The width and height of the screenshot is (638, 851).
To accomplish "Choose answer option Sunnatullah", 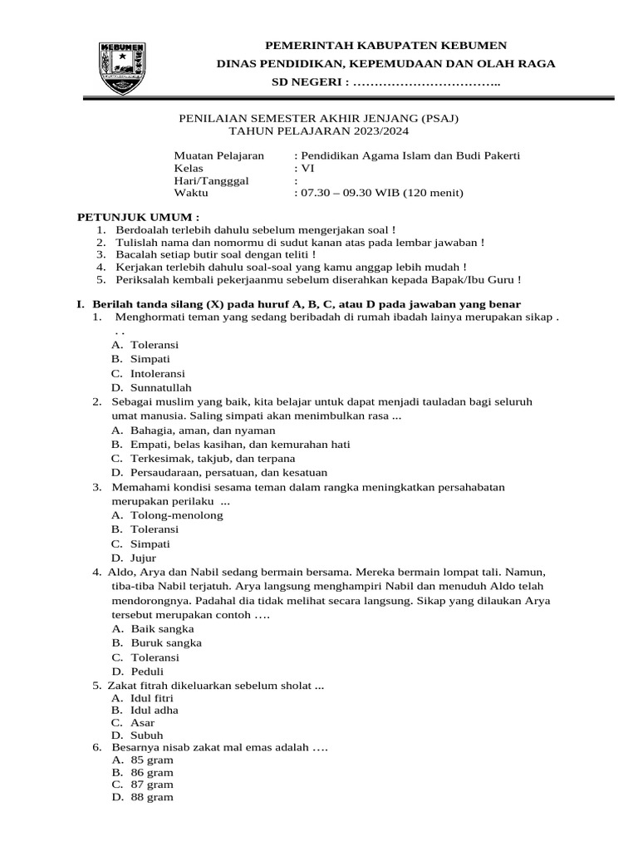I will [x=160, y=387].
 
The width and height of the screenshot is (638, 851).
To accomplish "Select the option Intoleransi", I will [x=158, y=373].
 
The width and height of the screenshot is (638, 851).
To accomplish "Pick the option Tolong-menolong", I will [x=176, y=515].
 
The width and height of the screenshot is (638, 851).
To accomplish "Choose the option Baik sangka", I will [x=162, y=629].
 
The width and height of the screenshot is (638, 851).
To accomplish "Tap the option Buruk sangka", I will [x=165, y=642].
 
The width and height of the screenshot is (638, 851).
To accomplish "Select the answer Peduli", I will [x=147, y=671].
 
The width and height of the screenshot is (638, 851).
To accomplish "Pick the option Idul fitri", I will [x=152, y=699].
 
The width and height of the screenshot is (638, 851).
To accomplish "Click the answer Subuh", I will [x=146, y=735].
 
